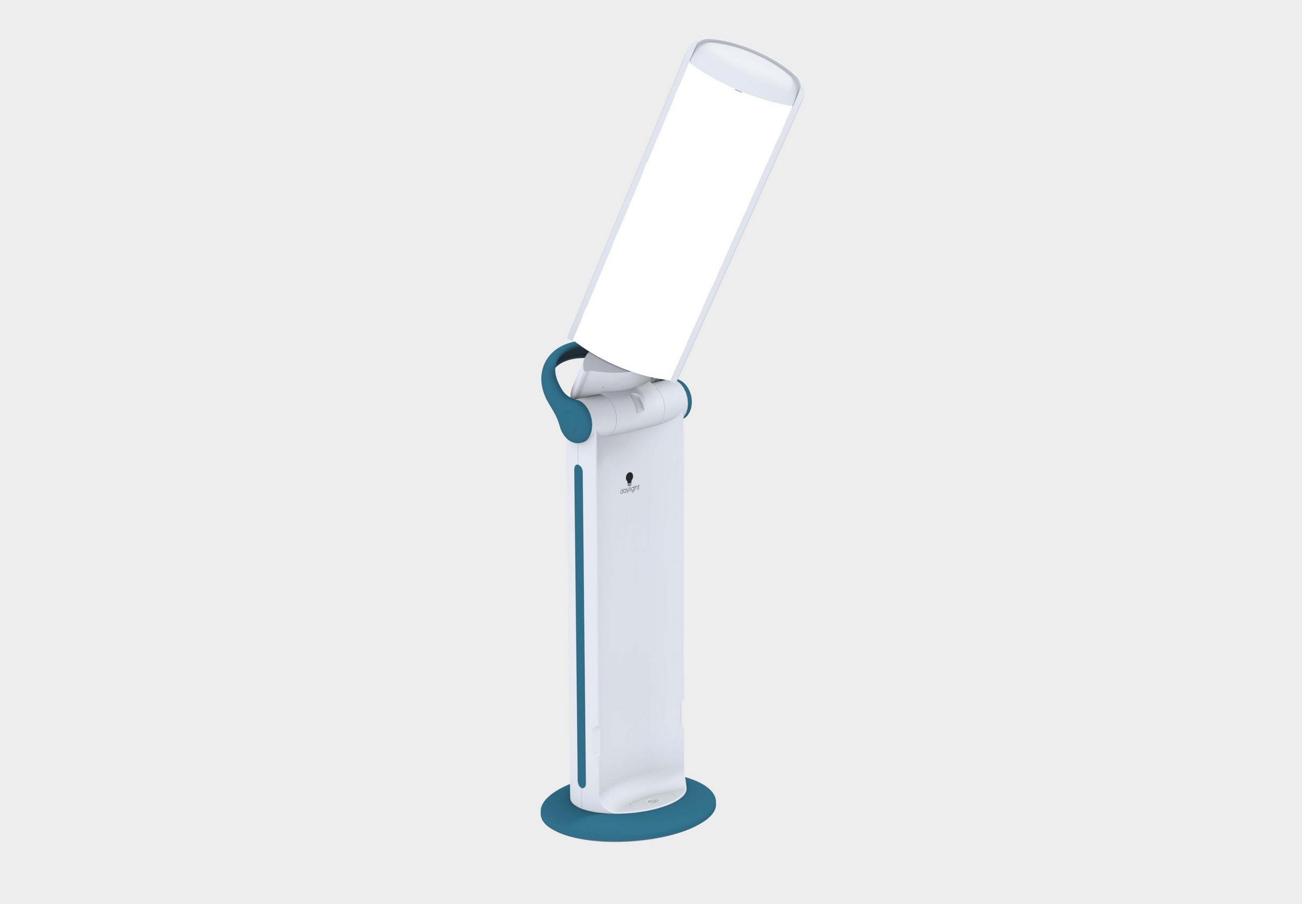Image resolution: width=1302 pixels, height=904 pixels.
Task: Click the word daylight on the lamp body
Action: (630, 490)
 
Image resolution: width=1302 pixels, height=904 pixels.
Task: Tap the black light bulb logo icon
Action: (629, 478)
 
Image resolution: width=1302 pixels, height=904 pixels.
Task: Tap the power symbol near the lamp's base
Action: (652, 802)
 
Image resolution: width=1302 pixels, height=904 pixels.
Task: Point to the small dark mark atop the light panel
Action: (737, 89)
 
